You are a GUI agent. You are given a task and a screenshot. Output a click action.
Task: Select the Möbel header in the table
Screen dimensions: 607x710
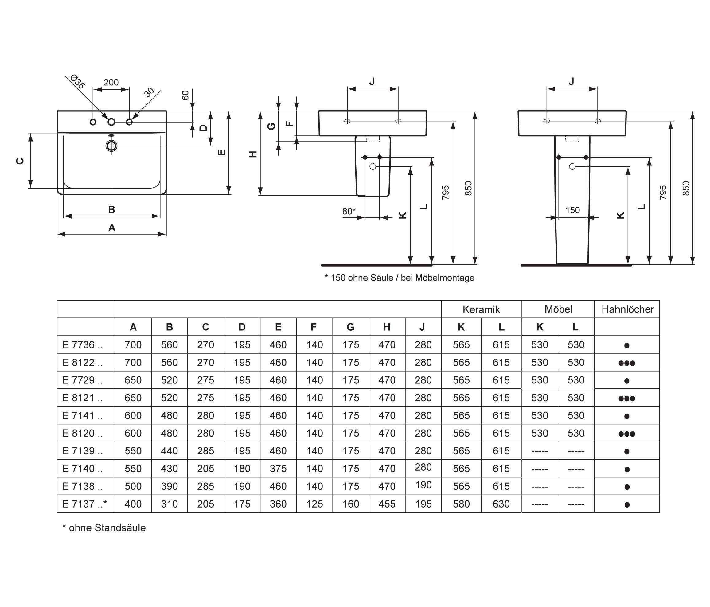(x=558, y=309)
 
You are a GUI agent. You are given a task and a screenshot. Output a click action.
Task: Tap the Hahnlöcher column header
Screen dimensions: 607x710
(x=627, y=309)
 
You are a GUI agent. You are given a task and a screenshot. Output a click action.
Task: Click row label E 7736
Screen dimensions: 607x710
(x=83, y=344)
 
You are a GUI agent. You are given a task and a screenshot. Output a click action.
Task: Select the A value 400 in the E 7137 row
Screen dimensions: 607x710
(x=133, y=504)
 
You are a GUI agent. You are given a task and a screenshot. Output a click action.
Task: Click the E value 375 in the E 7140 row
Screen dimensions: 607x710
(x=278, y=468)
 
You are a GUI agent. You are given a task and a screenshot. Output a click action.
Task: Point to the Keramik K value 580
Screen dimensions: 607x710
(x=461, y=504)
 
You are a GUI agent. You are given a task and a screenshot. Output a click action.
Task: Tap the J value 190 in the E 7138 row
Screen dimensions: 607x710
(x=423, y=485)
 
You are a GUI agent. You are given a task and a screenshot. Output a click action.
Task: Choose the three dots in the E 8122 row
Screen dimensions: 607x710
(x=627, y=363)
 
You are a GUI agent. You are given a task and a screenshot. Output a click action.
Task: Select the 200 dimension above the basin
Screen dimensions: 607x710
(x=111, y=83)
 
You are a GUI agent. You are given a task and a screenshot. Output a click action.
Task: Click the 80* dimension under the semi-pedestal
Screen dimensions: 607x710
(x=349, y=211)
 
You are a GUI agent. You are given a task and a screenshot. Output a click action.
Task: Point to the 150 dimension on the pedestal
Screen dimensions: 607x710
(x=572, y=210)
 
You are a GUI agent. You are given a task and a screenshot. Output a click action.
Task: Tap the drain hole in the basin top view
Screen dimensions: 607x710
(x=111, y=146)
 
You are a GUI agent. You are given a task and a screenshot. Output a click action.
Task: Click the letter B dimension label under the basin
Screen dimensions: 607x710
(x=111, y=209)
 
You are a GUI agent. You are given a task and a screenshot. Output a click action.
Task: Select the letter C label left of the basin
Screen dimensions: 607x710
(x=21, y=161)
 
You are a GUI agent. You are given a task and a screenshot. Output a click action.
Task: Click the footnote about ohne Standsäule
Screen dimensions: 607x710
(x=104, y=528)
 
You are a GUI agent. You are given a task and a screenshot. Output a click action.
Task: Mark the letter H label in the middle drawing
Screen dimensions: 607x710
(x=253, y=154)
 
